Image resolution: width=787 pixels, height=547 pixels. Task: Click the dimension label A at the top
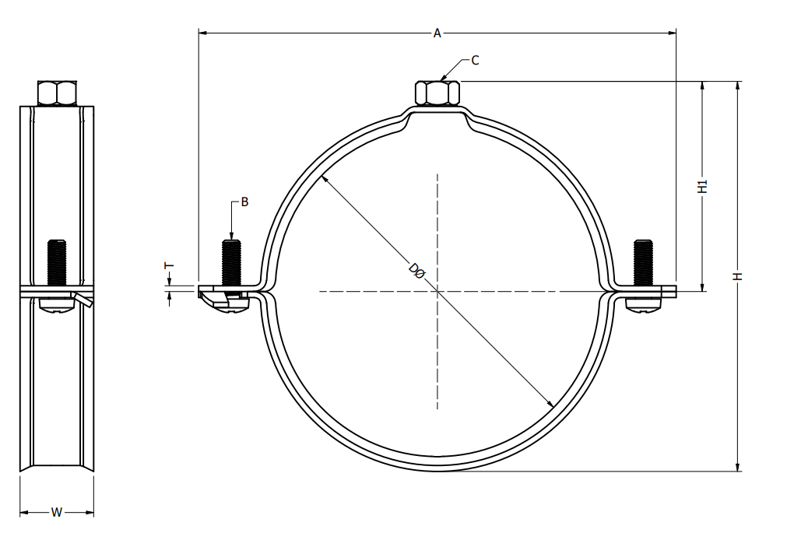tap(437, 33)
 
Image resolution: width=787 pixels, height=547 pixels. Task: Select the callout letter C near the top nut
tap(475, 60)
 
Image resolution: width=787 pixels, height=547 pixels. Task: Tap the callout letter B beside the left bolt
tap(244, 202)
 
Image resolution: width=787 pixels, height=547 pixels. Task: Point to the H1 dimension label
tap(702, 186)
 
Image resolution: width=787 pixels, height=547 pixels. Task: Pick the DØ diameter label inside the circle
tap(417, 270)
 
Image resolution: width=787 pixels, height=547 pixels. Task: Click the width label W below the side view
tap(56, 512)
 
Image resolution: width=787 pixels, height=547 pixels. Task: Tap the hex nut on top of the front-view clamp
tap(437, 93)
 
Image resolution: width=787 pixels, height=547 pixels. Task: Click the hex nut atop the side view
tap(57, 93)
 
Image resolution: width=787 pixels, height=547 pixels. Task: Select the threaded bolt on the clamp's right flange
tap(643, 262)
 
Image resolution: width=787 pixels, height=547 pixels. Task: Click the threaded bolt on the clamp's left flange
tap(231, 262)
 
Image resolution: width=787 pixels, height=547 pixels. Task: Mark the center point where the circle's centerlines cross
tap(437, 292)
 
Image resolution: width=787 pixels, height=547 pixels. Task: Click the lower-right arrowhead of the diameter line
tap(550, 404)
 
